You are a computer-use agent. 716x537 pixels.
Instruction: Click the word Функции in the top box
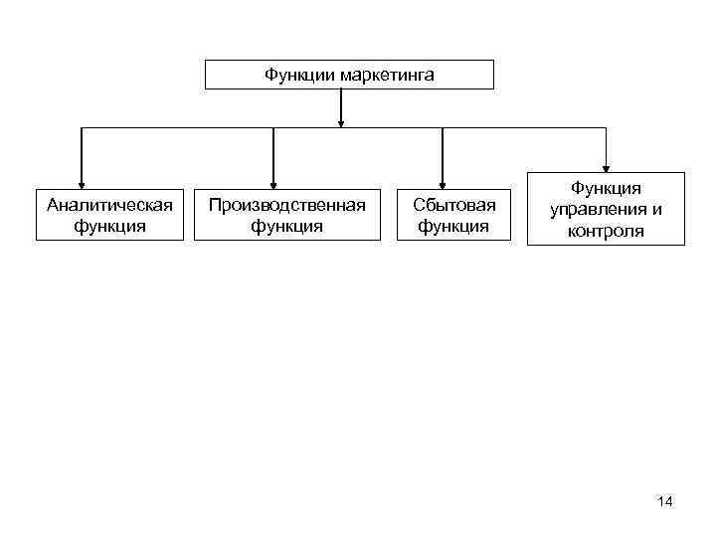299,75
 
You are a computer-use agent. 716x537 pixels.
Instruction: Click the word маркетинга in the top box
387,75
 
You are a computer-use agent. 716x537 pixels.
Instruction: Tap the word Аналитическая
110,204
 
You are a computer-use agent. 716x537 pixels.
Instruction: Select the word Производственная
286,204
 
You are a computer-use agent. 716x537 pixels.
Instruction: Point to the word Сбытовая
454,204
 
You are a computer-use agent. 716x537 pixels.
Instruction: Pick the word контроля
606,232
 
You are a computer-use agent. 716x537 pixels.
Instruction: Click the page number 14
665,501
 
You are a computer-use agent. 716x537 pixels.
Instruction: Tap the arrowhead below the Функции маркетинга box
341,123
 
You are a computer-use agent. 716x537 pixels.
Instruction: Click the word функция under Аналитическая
110,226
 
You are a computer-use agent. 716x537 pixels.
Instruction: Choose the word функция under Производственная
286,226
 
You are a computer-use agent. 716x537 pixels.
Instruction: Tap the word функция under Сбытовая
454,226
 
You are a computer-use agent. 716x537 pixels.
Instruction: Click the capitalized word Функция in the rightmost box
606,188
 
